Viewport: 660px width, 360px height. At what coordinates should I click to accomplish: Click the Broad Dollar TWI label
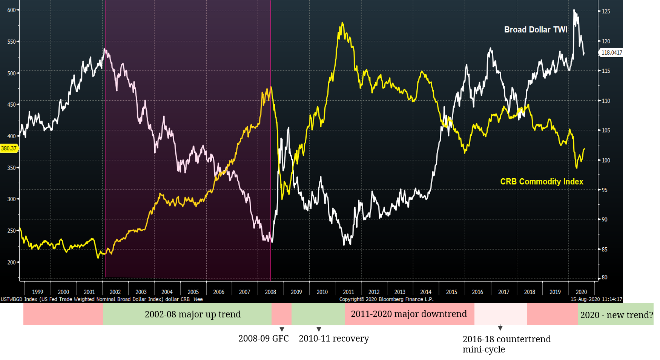[536, 30]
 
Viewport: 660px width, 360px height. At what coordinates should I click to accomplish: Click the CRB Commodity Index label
[542, 182]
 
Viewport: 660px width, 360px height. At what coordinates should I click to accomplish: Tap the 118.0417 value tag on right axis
[611, 53]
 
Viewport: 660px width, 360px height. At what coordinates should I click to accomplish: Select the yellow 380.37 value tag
[9, 149]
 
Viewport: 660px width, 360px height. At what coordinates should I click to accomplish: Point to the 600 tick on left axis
[11, 10]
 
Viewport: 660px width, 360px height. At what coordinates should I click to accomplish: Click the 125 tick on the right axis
[606, 11]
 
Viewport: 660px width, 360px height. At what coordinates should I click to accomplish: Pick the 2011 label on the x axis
[348, 292]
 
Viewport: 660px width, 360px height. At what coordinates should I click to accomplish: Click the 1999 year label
[37, 292]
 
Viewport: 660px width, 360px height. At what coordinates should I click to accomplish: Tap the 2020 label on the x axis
[581, 292]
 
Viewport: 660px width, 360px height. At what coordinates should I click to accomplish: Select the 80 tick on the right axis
[605, 277]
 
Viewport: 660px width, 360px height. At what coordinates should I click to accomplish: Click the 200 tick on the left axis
[11, 262]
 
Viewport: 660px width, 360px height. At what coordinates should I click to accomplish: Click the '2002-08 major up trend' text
[193, 314]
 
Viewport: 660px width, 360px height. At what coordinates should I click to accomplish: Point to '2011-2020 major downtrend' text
[409, 314]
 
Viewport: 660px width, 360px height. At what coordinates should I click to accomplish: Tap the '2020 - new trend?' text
[616, 315]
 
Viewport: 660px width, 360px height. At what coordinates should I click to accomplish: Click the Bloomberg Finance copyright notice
[386, 299]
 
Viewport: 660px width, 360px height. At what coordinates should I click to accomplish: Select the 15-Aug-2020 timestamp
[596, 299]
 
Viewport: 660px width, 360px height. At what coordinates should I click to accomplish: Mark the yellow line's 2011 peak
[342, 23]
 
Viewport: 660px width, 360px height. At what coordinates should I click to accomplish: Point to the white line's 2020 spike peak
[574, 10]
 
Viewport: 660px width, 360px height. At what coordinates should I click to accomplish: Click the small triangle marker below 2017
[500, 328]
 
